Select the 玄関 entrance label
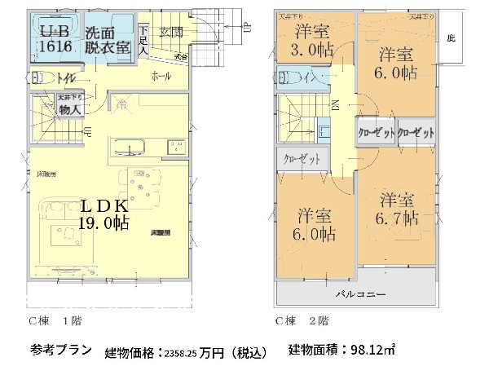[x=172, y=33]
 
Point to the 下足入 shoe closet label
[x=143, y=40]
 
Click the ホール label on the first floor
[x=161, y=76]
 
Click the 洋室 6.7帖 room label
[x=398, y=209]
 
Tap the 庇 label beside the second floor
[x=450, y=38]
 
